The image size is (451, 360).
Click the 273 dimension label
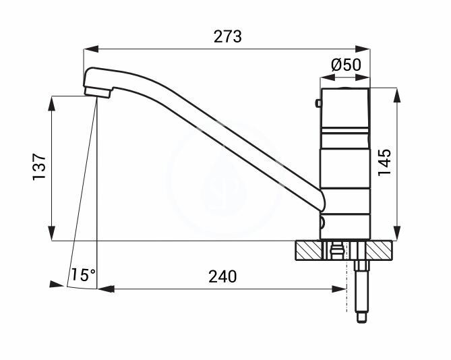[227, 36]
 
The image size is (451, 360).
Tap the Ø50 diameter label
[346, 65]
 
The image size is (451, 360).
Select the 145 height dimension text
[385, 162]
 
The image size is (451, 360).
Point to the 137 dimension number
[39, 167]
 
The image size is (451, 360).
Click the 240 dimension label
[222, 276]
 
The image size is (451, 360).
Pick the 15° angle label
[83, 274]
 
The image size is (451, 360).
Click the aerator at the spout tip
[98, 92]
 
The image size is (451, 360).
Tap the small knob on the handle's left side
[318, 103]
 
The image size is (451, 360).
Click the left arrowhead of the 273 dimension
[91, 49]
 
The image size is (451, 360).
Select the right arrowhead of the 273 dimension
[363, 49]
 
